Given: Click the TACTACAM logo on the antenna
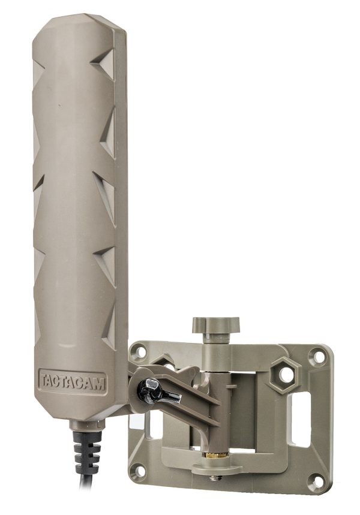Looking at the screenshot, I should click(x=73, y=381).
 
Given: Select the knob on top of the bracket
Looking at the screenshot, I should click(x=215, y=326).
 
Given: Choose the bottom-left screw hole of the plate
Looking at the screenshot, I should click(x=139, y=470).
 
